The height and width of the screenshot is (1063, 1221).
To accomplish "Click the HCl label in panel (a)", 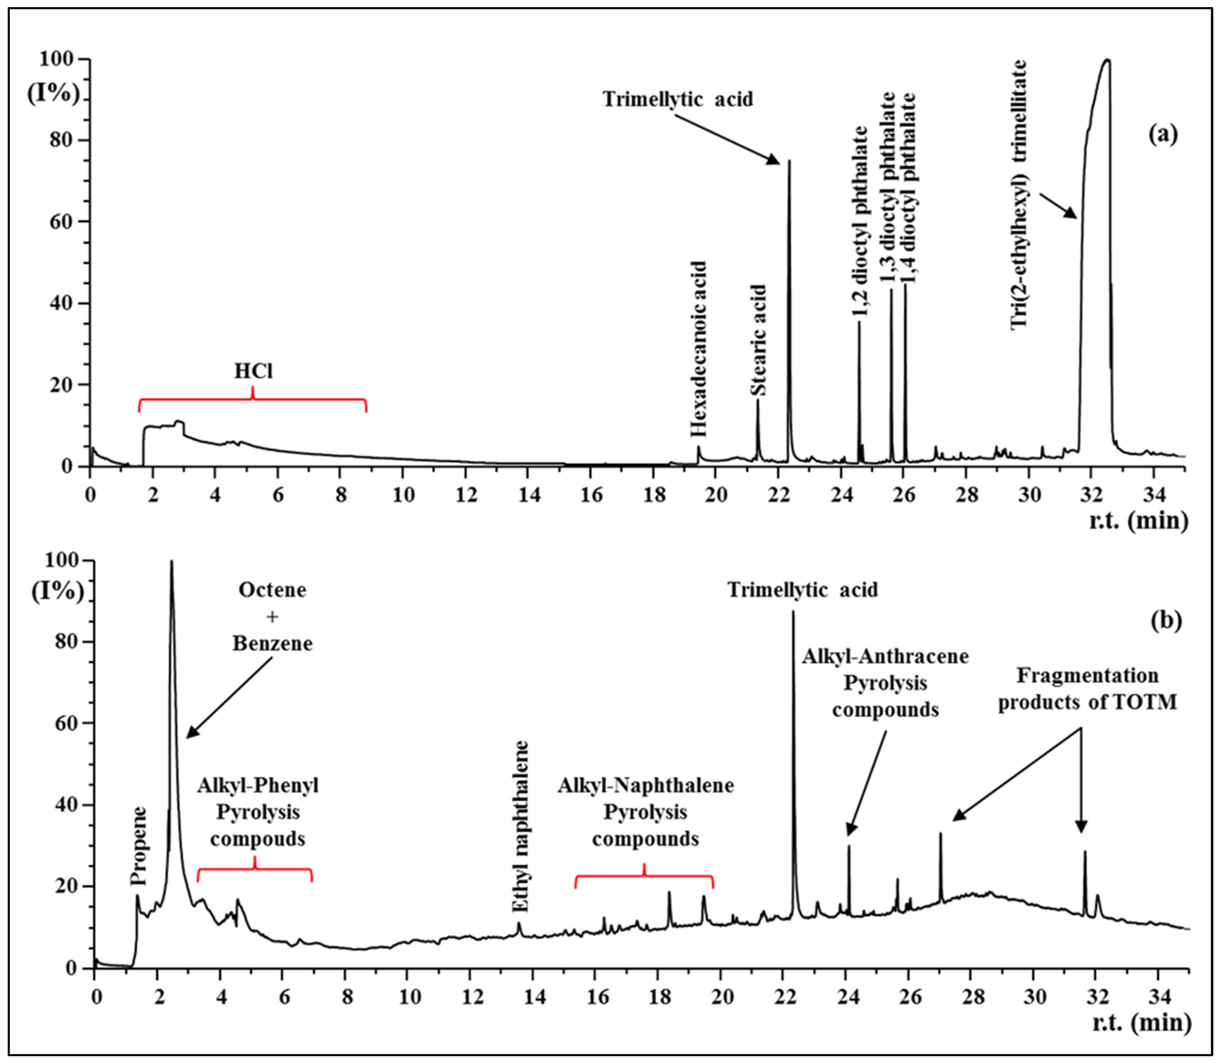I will [253, 371].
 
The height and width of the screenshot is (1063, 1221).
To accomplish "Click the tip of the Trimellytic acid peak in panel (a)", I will [789, 161].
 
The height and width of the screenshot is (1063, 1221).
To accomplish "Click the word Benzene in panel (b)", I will [272, 644].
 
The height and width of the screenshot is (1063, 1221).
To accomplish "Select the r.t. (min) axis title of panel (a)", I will [1138, 521].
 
